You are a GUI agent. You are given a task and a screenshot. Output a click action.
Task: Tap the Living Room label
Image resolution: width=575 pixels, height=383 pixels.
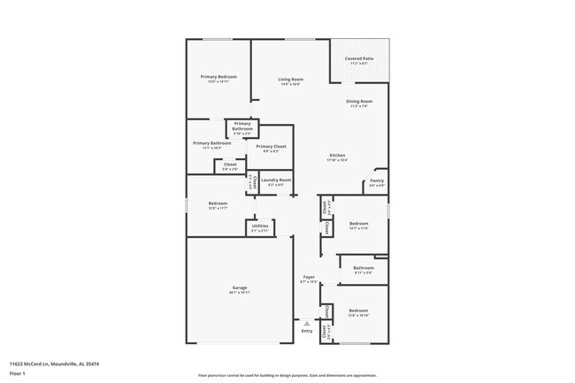289,80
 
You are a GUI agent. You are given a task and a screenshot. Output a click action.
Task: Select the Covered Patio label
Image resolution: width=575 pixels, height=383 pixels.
358,59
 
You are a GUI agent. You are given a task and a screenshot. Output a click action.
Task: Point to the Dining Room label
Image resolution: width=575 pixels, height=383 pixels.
358,101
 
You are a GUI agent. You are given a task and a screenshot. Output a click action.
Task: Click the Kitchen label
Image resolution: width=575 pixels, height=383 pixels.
337,156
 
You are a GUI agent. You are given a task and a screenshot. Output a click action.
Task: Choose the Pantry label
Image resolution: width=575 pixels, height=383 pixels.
376,181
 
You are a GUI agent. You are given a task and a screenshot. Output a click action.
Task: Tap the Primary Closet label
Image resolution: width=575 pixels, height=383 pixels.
271,146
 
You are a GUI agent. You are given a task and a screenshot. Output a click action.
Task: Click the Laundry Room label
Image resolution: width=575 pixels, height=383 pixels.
275,180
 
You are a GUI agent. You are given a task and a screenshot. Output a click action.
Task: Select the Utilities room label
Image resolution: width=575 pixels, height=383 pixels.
259,226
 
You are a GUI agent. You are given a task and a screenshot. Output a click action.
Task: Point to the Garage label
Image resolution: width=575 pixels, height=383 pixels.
239,287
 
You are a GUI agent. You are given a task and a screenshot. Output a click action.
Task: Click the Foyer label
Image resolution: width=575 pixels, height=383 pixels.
309,277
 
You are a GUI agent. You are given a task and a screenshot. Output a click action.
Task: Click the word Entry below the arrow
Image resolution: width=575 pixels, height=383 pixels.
307,331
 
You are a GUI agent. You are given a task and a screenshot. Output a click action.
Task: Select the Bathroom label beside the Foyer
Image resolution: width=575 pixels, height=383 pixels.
363,268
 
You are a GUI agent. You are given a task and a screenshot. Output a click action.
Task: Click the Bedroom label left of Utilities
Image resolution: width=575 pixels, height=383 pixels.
218,203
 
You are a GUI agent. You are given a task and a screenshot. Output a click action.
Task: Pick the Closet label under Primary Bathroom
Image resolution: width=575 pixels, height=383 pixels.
229,164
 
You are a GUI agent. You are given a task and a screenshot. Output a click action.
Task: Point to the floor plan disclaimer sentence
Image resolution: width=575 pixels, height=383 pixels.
287,375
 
